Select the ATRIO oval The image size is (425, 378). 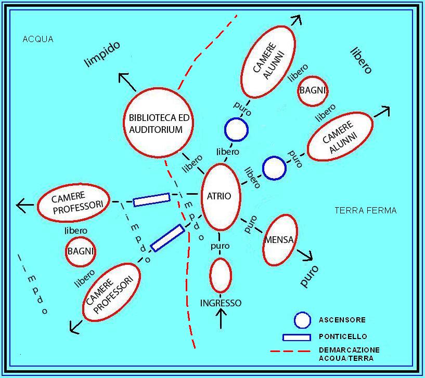click(x=220, y=197)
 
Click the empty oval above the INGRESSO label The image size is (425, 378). click(x=221, y=275)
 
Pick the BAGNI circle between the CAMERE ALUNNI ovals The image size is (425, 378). click(x=312, y=90)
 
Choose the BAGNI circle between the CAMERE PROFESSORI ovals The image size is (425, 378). click(x=81, y=251)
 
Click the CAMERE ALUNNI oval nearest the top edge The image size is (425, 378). click(x=268, y=62)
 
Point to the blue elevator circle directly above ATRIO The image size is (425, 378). click(x=236, y=129)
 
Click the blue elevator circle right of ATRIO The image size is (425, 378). click(x=274, y=168)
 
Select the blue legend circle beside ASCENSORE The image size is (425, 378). click(x=302, y=320)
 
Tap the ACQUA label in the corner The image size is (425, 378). click(x=38, y=39)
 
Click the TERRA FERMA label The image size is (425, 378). click(x=365, y=210)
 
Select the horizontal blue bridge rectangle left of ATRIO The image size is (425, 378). click(x=151, y=200)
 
